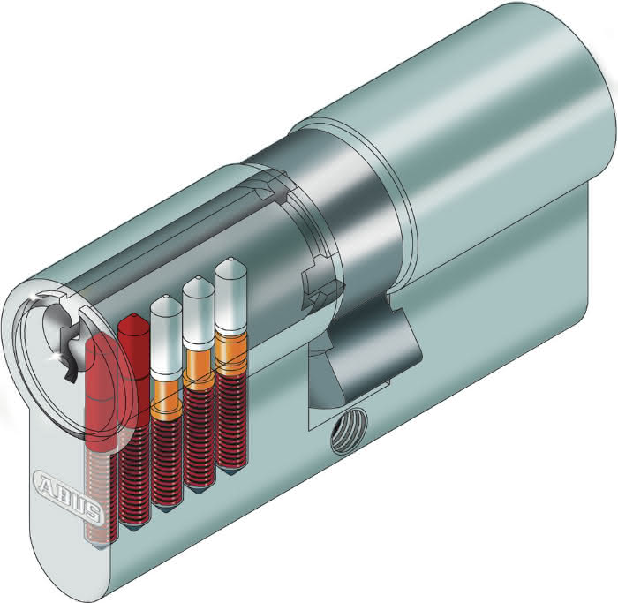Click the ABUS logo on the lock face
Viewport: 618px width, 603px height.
pos(67,496)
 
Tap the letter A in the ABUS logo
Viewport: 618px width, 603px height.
pos(44,483)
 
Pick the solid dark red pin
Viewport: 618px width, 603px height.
pos(134,346)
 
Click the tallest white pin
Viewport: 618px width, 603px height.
pos(230,295)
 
